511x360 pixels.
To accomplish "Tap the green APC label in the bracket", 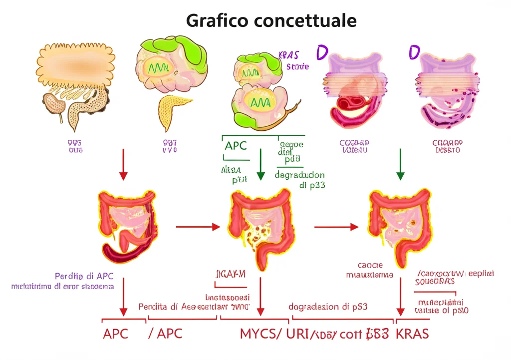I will pos(236,146).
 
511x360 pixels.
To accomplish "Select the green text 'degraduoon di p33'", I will pos(300,180).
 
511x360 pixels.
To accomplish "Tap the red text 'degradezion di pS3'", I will pos(328,306).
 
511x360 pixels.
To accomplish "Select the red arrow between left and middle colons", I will pos(198,227).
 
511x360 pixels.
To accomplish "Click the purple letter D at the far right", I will pos(414,52).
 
